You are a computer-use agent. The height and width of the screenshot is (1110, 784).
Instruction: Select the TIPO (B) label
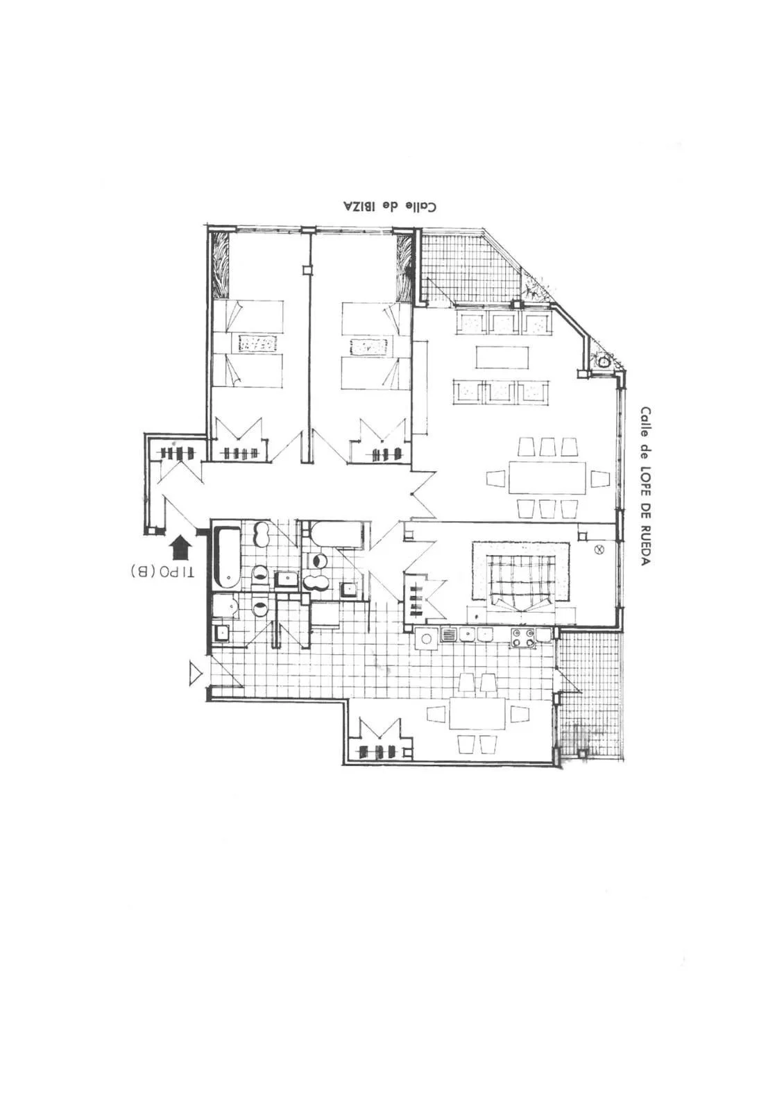(162, 572)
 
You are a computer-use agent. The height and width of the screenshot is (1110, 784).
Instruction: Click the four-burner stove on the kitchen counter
(524, 638)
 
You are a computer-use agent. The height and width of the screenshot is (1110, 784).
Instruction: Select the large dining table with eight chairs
(547, 478)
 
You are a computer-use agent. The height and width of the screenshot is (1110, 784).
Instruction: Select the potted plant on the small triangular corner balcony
(603, 361)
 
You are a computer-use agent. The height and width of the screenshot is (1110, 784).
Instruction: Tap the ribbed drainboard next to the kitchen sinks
(448, 634)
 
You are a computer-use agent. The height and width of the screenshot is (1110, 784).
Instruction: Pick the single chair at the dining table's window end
(601, 479)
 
